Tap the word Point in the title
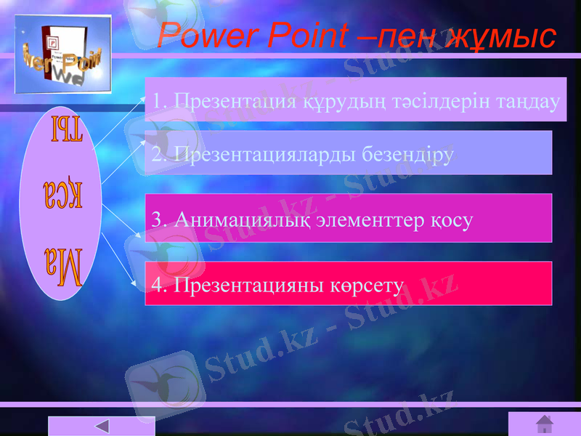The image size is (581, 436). tap(308, 35)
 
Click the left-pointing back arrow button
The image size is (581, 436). tap(102, 426)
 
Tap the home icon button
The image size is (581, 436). tap(544, 424)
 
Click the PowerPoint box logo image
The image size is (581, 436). tap(63, 54)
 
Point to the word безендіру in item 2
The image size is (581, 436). tap(404, 154)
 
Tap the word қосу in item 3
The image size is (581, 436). tap(451, 218)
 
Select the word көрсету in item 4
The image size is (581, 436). tap(364, 285)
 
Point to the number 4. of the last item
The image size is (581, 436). tap(159, 285)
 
